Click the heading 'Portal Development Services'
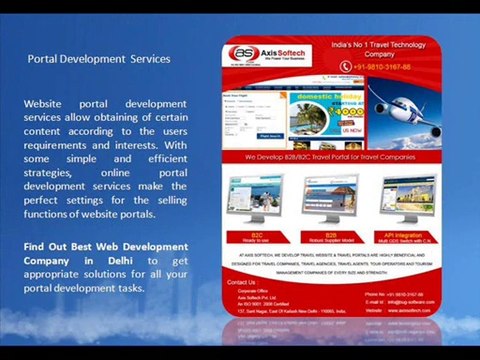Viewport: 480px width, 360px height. (x=98, y=59)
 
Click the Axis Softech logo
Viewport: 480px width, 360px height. (x=264, y=55)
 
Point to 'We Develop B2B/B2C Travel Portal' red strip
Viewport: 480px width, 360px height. (x=331, y=157)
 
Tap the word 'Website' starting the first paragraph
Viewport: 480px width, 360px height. (x=45, y=103)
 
